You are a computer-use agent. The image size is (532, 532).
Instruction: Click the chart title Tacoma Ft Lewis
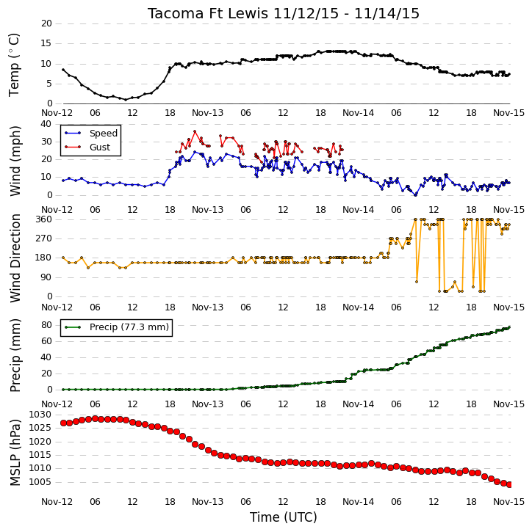207,13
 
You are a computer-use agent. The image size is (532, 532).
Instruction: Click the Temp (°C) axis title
14,65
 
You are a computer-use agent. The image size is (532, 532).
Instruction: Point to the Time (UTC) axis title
284,517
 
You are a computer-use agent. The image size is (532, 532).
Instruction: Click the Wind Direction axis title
15,258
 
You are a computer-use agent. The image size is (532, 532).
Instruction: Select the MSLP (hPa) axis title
15,453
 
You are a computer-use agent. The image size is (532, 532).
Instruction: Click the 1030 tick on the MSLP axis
40,415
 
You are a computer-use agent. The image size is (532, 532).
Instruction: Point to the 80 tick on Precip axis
47,325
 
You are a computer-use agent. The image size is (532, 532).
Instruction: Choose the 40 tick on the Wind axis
46,124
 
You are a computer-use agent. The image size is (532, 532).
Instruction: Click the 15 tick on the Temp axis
46,43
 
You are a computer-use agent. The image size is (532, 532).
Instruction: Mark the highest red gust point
195,131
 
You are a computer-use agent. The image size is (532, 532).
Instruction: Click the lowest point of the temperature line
126,100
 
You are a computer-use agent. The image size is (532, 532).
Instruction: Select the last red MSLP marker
509,485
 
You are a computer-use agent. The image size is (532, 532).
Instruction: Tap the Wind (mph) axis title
15,161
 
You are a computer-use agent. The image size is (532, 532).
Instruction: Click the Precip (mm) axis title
15,356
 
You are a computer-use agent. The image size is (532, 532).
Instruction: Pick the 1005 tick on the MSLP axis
40,482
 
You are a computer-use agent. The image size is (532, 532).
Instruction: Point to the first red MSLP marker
63,423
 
